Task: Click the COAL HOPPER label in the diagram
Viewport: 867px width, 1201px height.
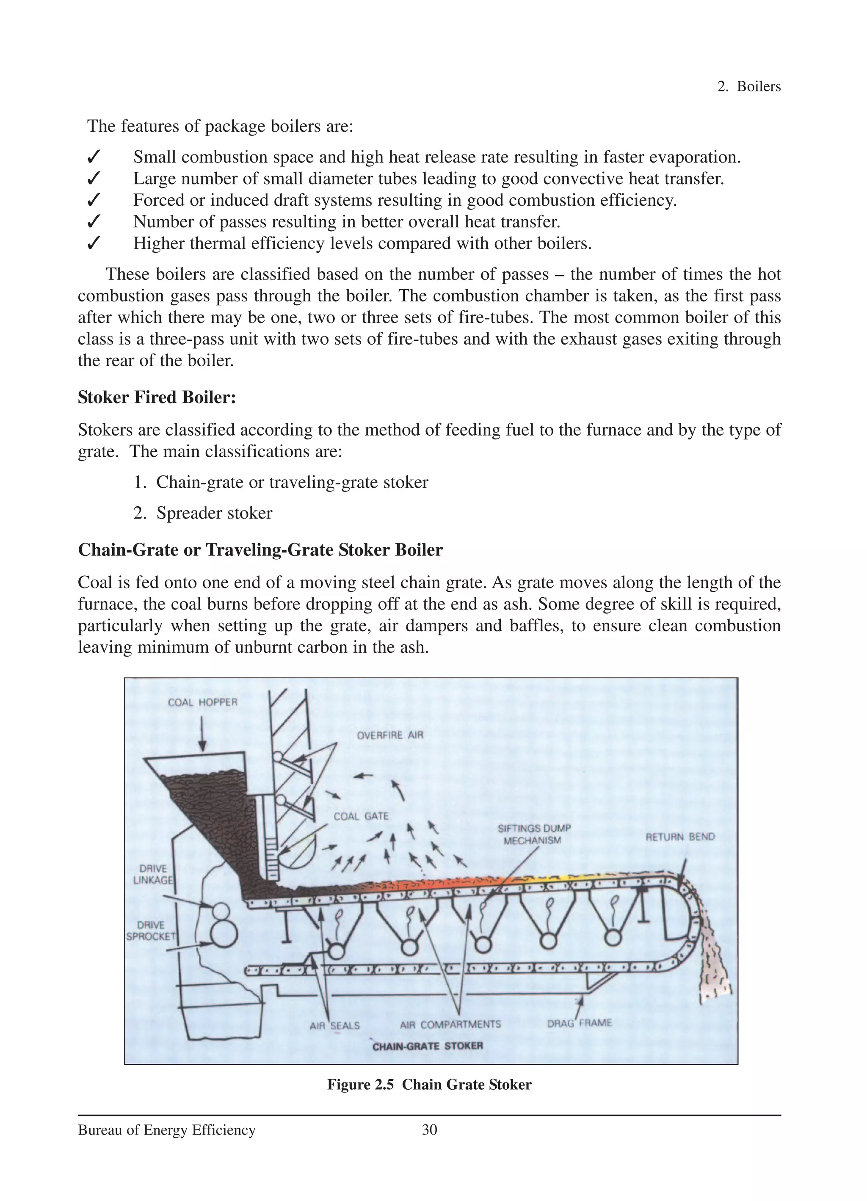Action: [202, 702]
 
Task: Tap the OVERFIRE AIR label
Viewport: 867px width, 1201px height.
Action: [390, 735]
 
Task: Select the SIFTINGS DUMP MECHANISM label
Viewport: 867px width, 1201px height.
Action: [533, 834]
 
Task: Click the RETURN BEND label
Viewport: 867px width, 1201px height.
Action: [679, 837]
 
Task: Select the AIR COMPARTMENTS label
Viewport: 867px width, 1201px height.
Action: [450, 1024]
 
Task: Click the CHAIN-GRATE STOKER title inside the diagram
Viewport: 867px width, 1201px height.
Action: [428, 1046]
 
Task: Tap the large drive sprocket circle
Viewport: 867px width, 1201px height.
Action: [223, 936]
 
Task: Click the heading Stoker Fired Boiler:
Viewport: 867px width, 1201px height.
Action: [157, 397]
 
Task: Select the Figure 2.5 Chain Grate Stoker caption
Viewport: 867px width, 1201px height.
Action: [429, 1085]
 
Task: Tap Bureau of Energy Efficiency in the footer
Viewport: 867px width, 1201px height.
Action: [166, 1130]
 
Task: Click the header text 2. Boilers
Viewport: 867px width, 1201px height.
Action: [748, 86]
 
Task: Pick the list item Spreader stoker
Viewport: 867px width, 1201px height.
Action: [214, 513]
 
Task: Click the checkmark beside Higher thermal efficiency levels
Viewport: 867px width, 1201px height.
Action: [93, 243]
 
